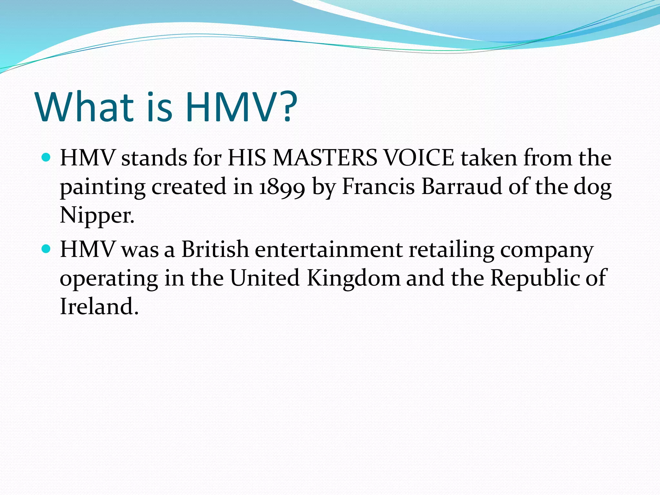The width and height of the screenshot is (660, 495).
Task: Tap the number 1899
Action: click(x=282, y=187)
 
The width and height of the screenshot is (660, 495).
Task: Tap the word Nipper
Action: click(x=97, y=215)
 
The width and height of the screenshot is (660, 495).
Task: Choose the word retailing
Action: click(x=451, y=250)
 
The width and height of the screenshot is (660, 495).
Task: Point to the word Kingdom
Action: click(x=353, y=277)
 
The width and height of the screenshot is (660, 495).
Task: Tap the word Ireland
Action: click(x=99, y=306)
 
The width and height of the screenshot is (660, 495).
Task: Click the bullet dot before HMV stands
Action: click(x=46, y=158)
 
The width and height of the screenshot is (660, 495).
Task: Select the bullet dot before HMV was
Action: click(x=46, y=249)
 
